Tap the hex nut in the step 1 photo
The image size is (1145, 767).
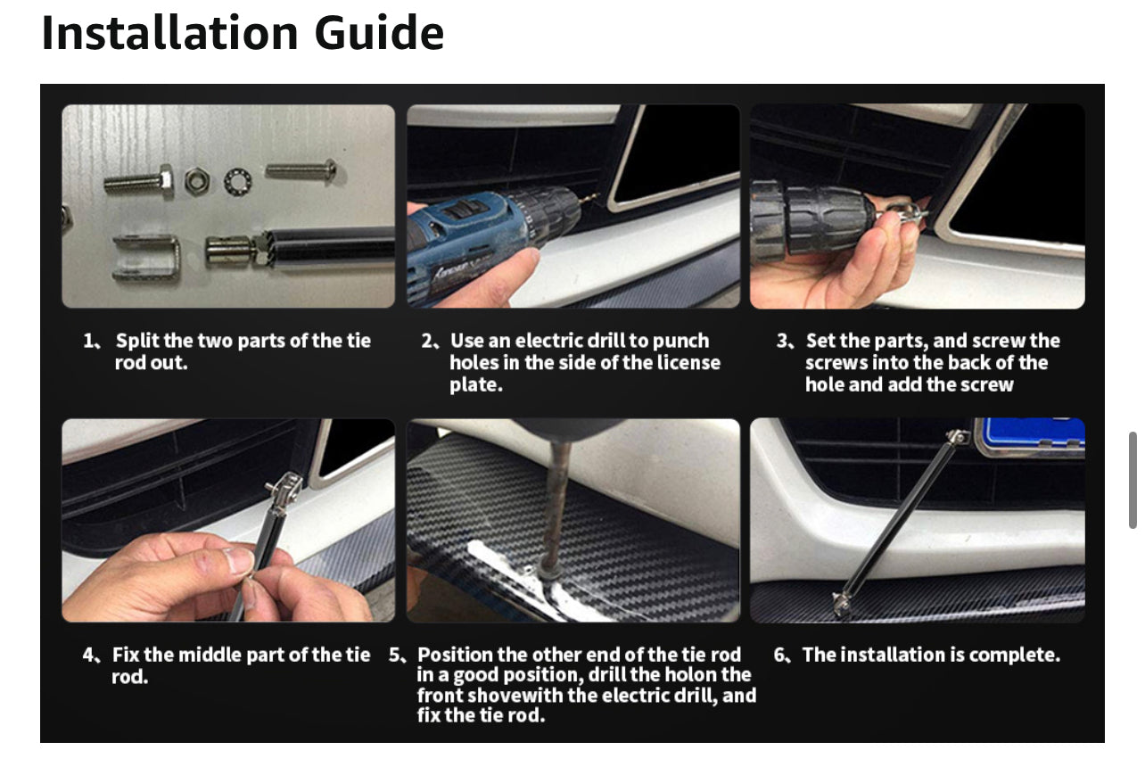(197, 181)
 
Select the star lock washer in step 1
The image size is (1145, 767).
(238, 182)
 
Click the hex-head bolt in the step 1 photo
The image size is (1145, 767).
(139, 182)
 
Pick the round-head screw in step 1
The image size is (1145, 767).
(301, 170)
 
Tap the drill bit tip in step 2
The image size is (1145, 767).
(594, 197)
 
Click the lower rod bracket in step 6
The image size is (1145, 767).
(842, 604)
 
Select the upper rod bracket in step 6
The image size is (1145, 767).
(957, 437)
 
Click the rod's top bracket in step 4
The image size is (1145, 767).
(284, 489)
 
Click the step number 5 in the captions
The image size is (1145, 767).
(395, 655)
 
